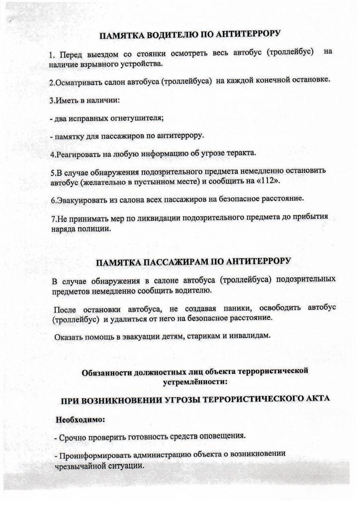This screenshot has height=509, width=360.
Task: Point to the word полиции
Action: pyautogui.click(x=103, y=230)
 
